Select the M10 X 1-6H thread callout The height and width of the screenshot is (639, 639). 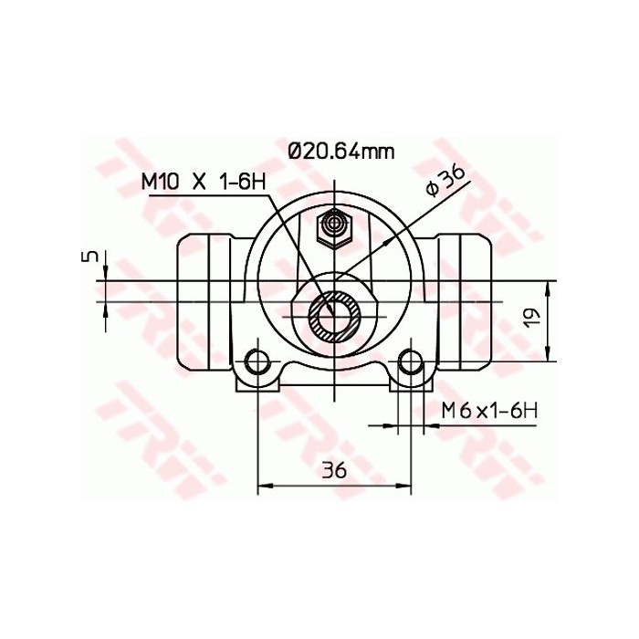203,181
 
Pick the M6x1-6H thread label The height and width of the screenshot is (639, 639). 488,411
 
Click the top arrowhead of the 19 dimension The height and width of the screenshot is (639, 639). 549,286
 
